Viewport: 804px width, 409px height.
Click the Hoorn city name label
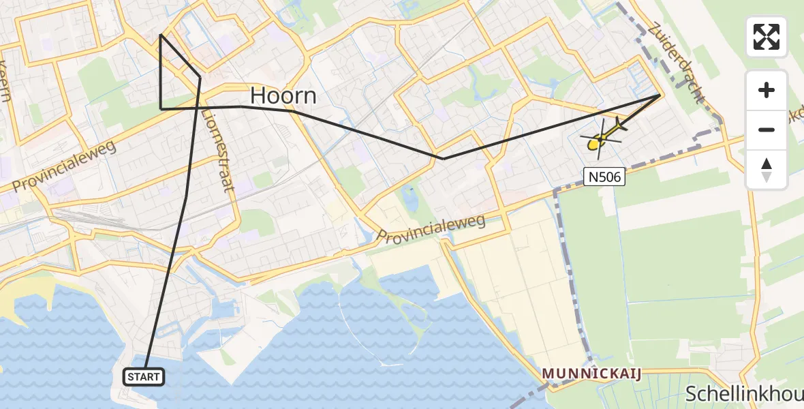283,95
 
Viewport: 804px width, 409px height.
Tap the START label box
144,376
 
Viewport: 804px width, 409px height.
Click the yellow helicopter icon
600,139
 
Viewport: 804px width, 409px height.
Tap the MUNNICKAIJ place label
591,374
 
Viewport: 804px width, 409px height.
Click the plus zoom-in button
767,90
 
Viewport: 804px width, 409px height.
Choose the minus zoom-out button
767,130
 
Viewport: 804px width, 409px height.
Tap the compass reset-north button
767,169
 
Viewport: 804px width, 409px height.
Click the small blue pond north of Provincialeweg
410,198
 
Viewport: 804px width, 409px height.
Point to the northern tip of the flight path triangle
160,34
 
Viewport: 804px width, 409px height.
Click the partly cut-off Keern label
5,80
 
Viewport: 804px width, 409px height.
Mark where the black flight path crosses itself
198,107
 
